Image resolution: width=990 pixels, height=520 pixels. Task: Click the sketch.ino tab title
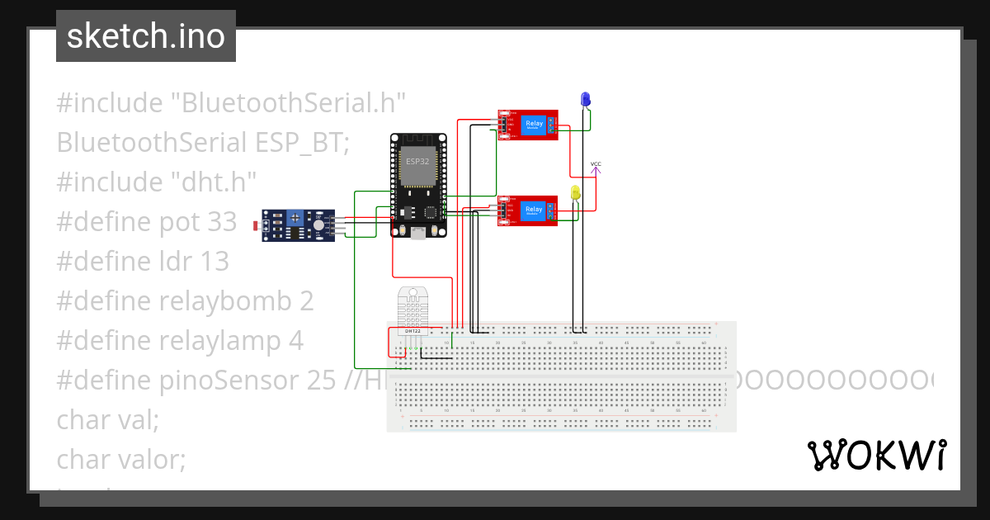pos(146,36)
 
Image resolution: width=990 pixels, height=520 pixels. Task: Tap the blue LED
pos(586,100)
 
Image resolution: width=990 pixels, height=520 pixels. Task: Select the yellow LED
pos(576,193)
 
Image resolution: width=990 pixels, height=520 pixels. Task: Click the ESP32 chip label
pos(417,160)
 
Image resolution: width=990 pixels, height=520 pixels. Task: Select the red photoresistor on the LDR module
pos(257,225)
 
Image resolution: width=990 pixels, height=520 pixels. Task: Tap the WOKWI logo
pos(876,456)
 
